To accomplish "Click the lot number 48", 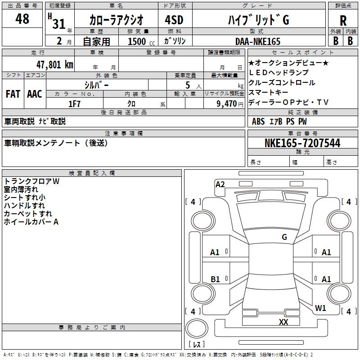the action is (x=22, y=19).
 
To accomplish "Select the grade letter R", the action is (x=343, y=21).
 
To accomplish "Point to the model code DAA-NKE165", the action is (x=258, y=41).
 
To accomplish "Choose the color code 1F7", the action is (x=74, y=103).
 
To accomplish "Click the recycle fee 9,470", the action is (x=226, y=103).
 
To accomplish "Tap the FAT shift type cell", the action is (x=13, y=94).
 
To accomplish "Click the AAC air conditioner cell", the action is (x=35, y=94).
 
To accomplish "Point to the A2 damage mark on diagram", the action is (x=220, y=184).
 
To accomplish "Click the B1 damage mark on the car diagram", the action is (x=215, y=279).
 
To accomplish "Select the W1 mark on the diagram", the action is (x=320, y=308).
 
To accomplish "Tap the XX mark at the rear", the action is (x=283, y=322).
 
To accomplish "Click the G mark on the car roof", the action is (x=284, y=237).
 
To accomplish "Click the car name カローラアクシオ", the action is (x=116, y=20).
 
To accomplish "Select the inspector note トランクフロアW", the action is (x=31, y=181).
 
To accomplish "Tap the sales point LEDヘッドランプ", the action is (x=279, y=72).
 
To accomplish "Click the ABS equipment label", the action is (x=258, y=121).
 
